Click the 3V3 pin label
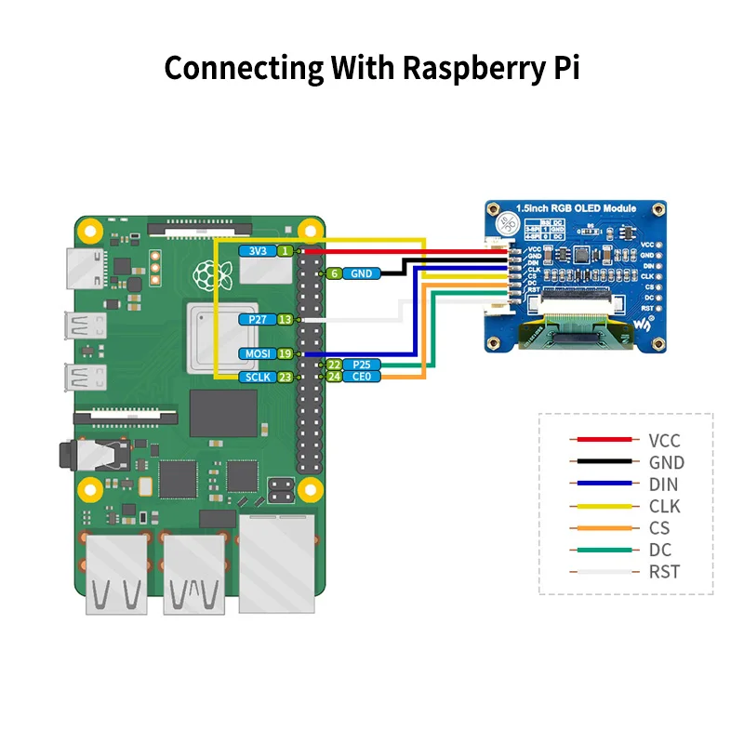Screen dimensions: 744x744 click(257, 251)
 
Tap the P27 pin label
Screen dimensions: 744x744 click(257, 319)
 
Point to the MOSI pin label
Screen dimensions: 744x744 click(257, 353)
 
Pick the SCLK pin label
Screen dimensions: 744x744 click(257, 377)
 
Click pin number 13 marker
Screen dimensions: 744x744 click(286, 319)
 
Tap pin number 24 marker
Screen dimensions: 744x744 click(332, 377)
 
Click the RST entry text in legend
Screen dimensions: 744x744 click(665, 572)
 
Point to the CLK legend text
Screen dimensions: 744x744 click(665, 507)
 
